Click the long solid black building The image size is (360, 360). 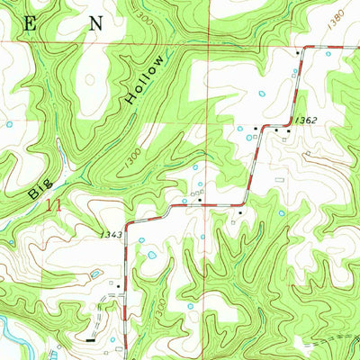pos(91,340)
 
